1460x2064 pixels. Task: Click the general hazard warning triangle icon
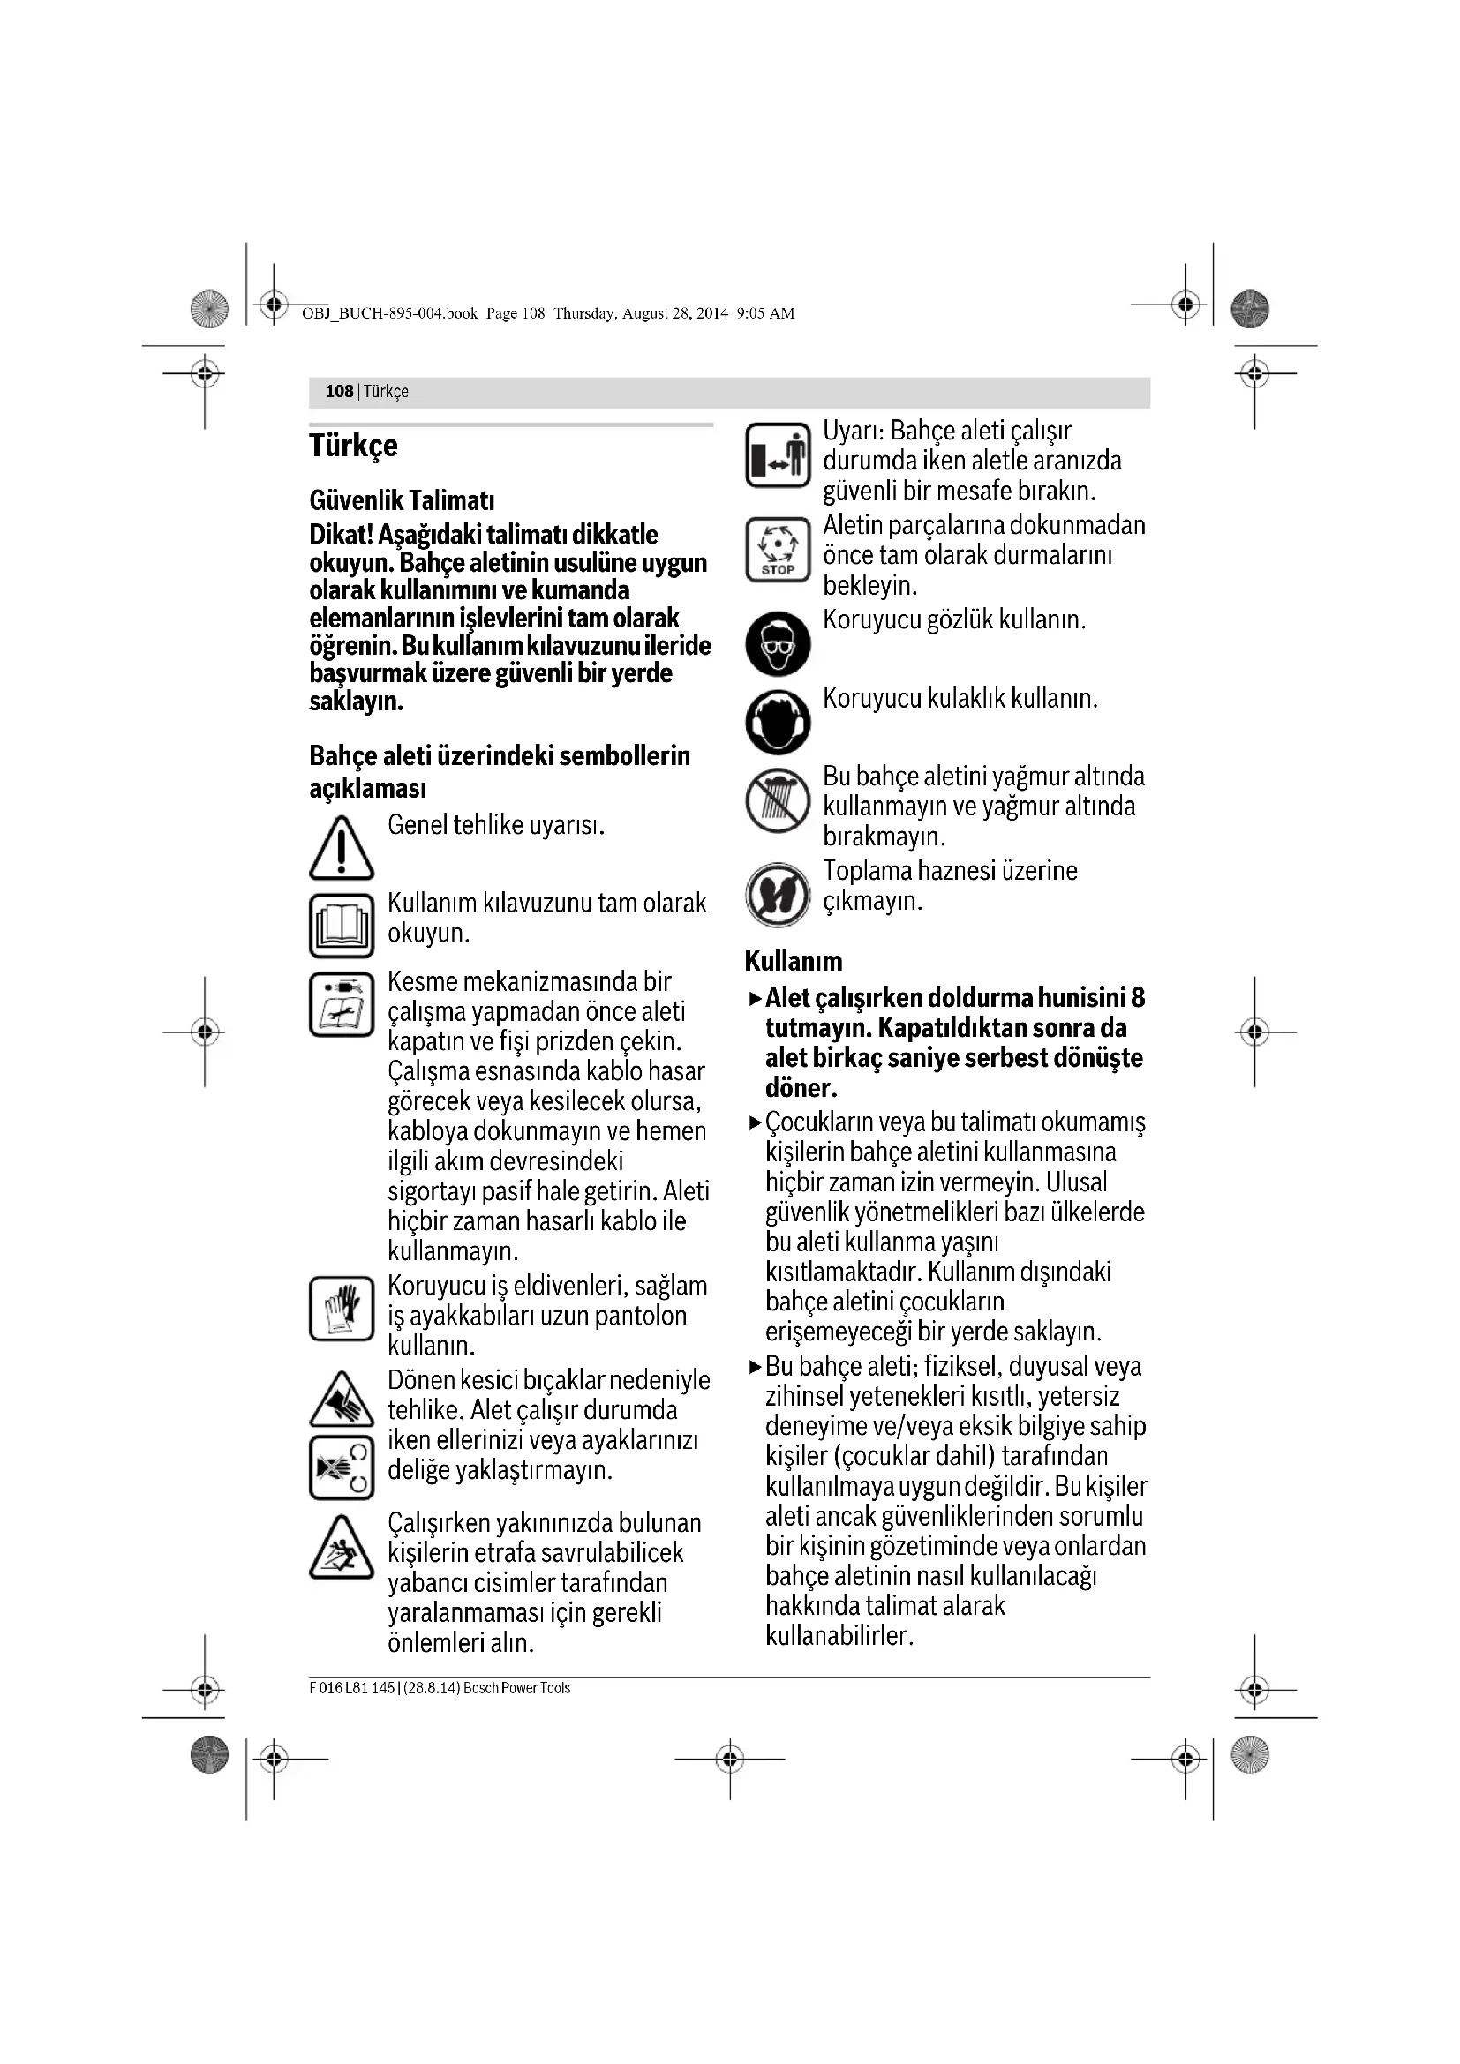[x=341, y=849]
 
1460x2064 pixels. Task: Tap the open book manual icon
[x=341, y=925]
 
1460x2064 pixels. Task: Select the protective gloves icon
[x=341, y=1308]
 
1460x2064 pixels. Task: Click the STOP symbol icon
[x=778, y=549]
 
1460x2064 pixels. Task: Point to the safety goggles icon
[x=778, y=643]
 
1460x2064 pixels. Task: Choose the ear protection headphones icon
[x=778, y=722]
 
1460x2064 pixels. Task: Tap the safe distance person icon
[x=778, y=454]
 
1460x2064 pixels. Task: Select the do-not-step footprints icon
[x=778, y=894]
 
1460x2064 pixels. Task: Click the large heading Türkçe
[x=353, y=446]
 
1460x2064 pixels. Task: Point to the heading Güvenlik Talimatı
[x=402, y=500]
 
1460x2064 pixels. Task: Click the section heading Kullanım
[x=793, y=961]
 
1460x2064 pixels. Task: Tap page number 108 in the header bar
[x=339, y=391]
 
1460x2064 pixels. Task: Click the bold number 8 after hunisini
[x=1137, y=998]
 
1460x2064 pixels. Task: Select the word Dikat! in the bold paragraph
[x=341, y=535]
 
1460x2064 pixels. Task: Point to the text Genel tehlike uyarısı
[x=495, y=825]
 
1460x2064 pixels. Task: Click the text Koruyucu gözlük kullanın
[x=954, y=620]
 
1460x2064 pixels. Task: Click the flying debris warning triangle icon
[x=341, y=1547]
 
